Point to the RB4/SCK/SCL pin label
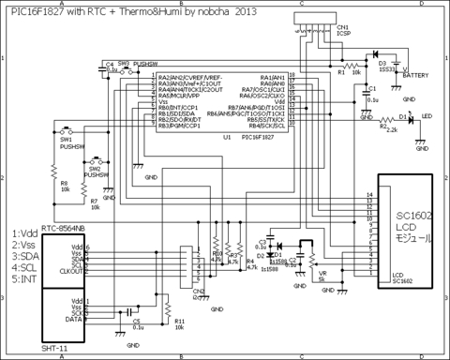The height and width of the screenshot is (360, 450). pyautogui.click(x=267, y=127)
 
